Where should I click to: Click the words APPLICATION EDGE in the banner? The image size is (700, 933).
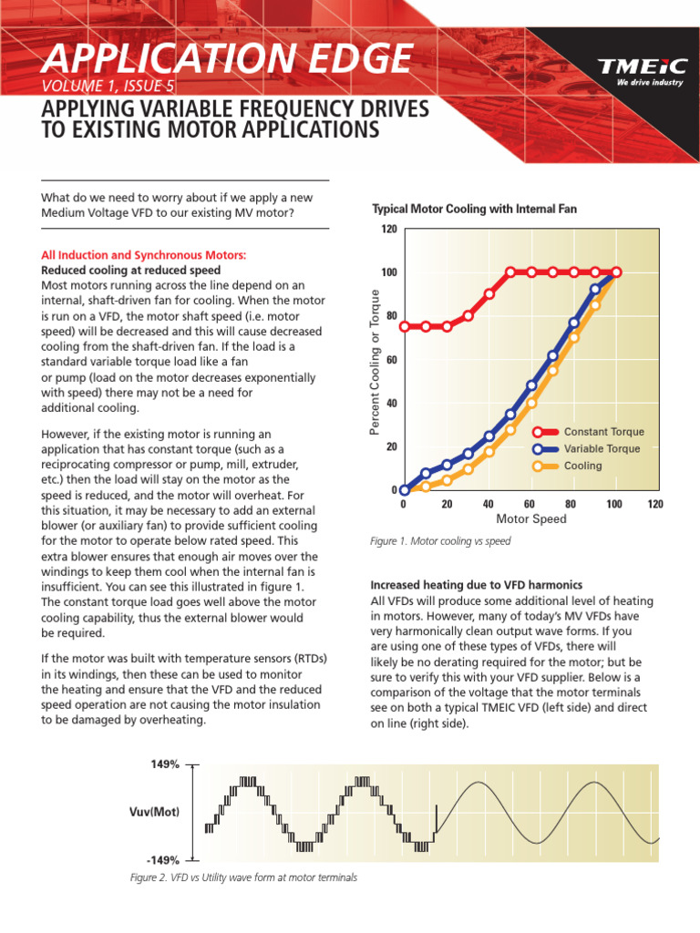click(x=226, y=60)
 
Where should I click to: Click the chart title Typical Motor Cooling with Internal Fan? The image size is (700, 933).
click(x=473, y=210)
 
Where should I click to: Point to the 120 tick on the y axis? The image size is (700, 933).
click(x=389, y=229)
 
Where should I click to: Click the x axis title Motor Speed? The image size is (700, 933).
click(x=530, y=519)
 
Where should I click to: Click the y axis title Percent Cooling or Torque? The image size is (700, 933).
click(x=374, y=361)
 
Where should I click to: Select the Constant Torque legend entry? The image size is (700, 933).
click(x=602, y=432)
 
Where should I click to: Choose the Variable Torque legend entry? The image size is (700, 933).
click(x=602, y=448)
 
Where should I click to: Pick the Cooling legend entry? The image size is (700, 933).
click(x=582, y=466)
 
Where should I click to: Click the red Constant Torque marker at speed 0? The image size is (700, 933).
click(x=405, y=326)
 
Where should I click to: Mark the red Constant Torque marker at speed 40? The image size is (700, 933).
click(x=489, y=293)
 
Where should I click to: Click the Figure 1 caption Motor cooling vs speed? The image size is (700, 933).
click(x=440, y=541)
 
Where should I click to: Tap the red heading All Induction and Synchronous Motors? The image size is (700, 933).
click(x=145, y=255)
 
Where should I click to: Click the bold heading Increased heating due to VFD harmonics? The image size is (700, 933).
click(x=477, y=585)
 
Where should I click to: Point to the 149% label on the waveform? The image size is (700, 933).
click(x=165, y=765)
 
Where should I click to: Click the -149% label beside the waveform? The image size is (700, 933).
click(x=163, y=859)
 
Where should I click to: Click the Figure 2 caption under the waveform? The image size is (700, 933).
click(x=243, y=877)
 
